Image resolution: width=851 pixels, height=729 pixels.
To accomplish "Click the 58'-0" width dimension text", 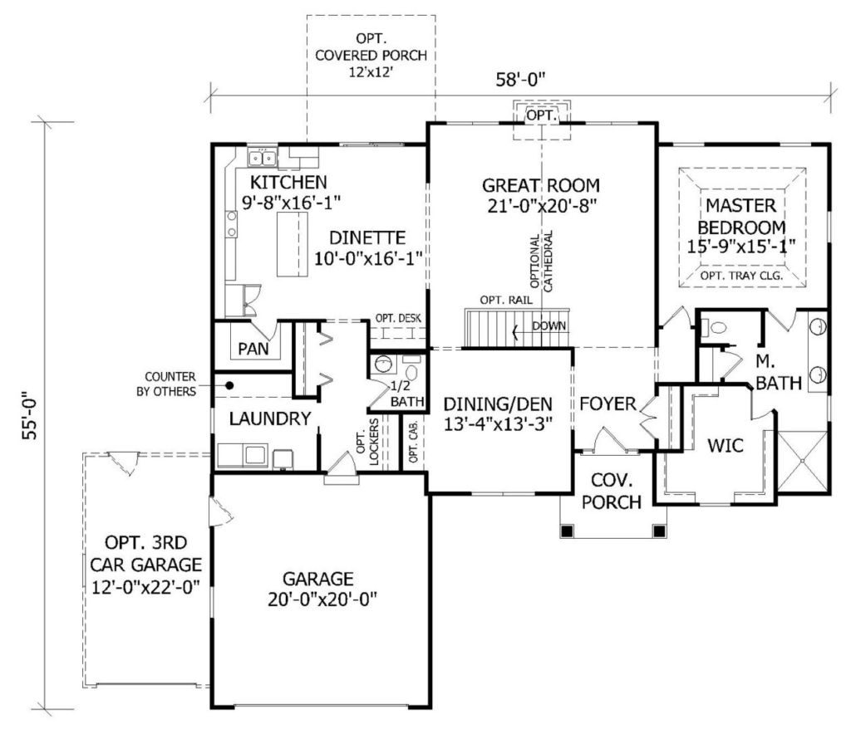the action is click(x=520, y=80).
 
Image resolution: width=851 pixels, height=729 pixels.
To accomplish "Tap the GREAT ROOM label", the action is click(x=541, y=185).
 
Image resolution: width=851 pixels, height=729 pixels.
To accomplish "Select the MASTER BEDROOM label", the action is click(x=741, y=217).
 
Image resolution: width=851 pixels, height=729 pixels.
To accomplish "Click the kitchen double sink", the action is click(x=263, y=159).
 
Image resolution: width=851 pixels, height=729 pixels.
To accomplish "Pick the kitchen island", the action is click(x=292, y=245).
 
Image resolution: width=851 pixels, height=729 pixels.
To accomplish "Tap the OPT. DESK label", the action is click(x=398, y=318).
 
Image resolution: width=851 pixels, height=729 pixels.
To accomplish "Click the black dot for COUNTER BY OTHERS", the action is click(x=229, y=385).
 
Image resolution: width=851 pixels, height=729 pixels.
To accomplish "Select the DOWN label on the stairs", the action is click(x=548, y=326).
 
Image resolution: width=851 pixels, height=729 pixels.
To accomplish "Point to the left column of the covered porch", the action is click(x=567, y=531).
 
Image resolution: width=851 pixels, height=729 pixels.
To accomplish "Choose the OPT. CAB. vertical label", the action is click(x=414, y=443).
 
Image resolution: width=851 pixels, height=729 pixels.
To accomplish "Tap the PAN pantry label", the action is click(x=253, y=349).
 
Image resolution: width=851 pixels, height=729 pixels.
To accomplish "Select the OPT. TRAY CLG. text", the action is click(x=741, y=276).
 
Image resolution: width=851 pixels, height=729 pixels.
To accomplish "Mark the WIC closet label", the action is click(x=726, y=446).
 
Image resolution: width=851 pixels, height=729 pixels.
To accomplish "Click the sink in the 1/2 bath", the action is click(x=384, y=364).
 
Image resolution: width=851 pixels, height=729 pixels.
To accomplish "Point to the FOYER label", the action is click(x=608, y=404).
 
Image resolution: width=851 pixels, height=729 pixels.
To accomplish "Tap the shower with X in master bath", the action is click(x=803, y=462).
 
